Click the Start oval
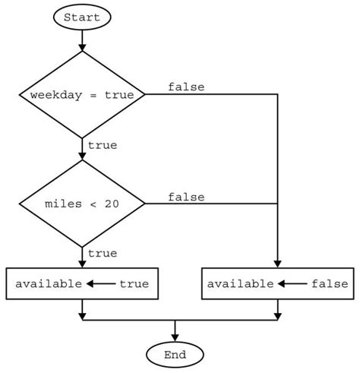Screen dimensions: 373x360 pyautogui.click(x=82, y=17)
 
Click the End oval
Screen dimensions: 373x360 pyautogui.click(x=175, y=354)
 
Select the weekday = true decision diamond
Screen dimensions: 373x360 pyautogui.click(x=82, y=95)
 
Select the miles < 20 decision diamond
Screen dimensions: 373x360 pyautogui.click(x=82, y=204)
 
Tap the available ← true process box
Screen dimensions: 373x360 pyautogui.click(x=82, y=284)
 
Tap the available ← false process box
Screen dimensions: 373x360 pyautogui.click(x=278, y=284)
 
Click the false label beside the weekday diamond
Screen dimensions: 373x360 pyautogui.click(x=186, y=87)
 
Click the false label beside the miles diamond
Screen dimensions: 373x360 pyautogui.click(x=186, y=197)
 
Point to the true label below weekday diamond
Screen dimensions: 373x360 pyautogui.click(x=103, y=145)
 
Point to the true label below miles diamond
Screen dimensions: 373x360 pyautogui.click(x=103, y=253)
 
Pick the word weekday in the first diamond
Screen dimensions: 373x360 pyautogui.click(x=52, y=95)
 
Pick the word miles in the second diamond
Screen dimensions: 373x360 pyautogui.click(x=63, y=204)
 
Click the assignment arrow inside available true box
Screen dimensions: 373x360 pyautogui.click(x=99, y=284)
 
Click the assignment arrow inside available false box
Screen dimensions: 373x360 pyautogui.click(x=292, y=284)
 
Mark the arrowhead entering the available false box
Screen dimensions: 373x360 pyautogui.click(x=278, y=263)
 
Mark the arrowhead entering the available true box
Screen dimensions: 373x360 pyautogui.click(x=82, y=263)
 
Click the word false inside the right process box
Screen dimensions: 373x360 pyautogui.click(x=329, y=284)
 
